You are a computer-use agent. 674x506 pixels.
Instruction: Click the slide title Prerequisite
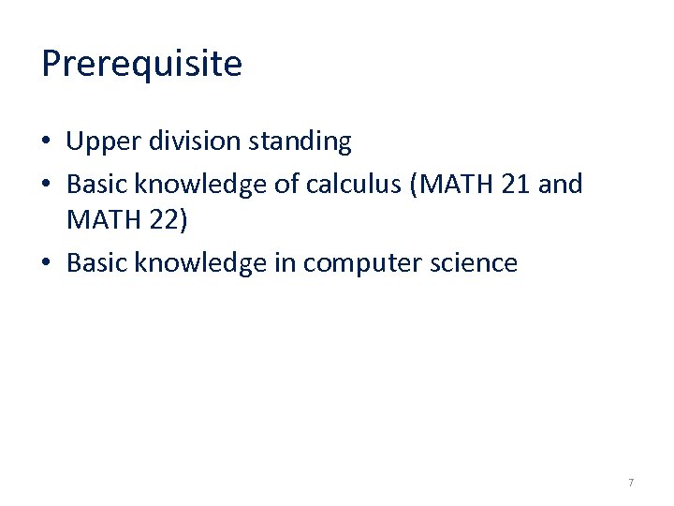[x=141, y=64]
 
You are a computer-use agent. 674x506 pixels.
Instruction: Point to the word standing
[x=299, y=142]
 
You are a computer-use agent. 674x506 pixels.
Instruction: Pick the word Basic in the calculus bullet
[x=96, y=184]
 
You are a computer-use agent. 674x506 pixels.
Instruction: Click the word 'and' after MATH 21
[x=562, y=184]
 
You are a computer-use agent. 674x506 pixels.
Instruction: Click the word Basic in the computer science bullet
[x=96, y=263]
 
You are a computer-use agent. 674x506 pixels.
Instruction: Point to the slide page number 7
[x=631, y=483]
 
